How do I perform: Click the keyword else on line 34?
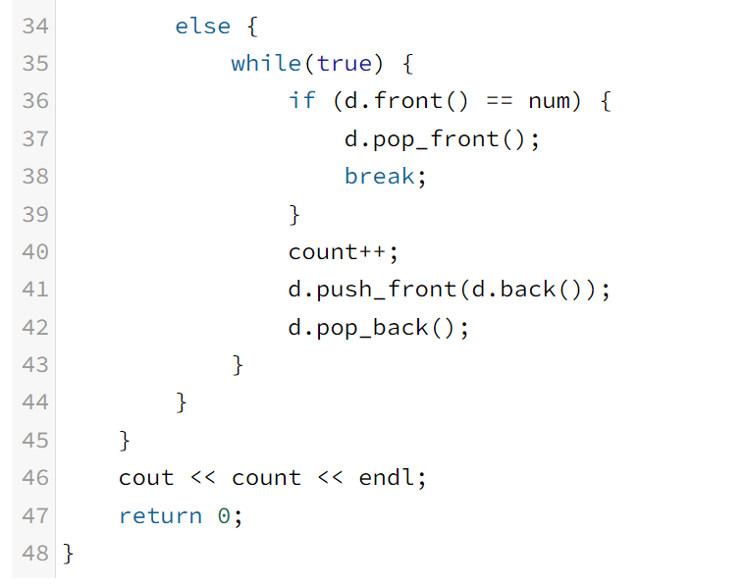202,26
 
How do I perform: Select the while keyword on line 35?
265,64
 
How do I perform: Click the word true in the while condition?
345,64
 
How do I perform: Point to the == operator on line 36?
499,101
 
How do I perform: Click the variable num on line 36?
556,101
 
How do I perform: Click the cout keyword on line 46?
146,478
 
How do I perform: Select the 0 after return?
224,516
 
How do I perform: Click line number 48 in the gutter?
34,554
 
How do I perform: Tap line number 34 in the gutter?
34,26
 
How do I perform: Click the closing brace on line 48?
68,554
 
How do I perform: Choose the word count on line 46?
266,478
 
